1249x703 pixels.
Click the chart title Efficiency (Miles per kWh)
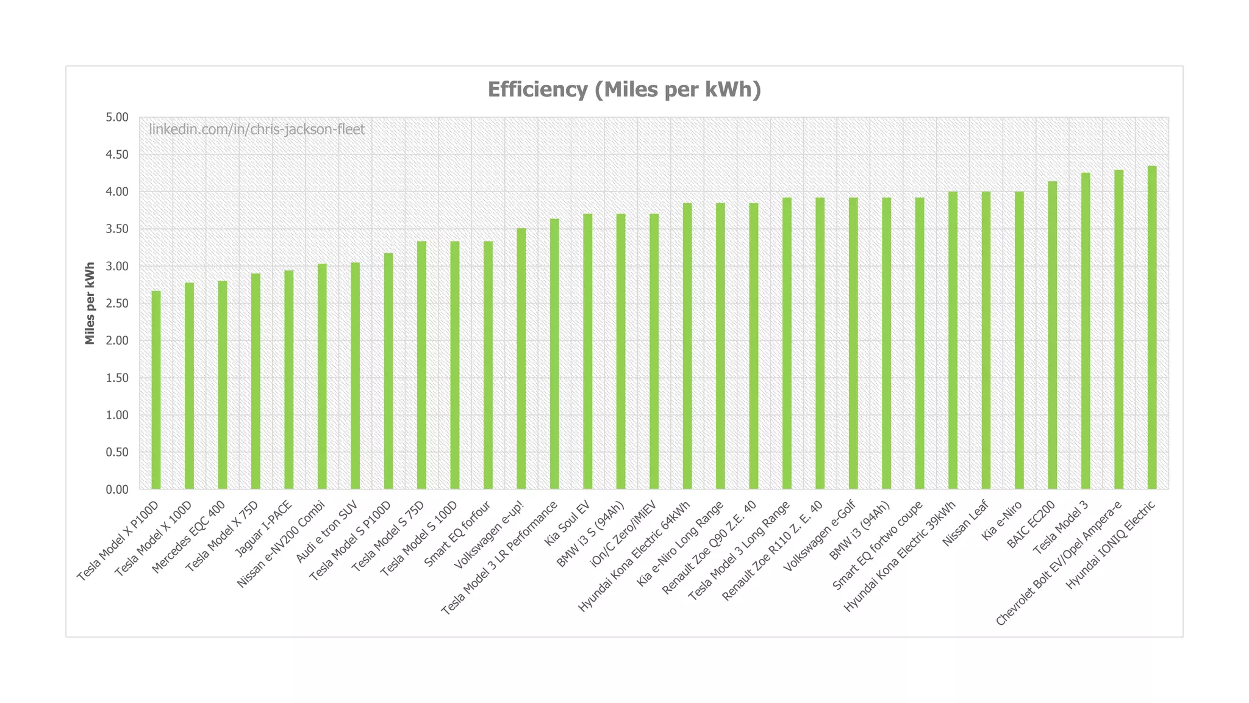point(624,90)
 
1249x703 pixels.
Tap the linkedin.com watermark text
point(257,129)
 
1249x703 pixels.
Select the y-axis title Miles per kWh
point(90,303)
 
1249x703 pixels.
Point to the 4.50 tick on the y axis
point(116,154)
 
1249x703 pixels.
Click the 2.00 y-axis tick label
point(116,341)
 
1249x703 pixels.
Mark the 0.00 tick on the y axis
point(116,489)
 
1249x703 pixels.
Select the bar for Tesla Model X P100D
point(156,391)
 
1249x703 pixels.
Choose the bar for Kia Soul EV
point(588,351)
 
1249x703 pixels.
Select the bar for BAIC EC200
point(1053,335)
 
